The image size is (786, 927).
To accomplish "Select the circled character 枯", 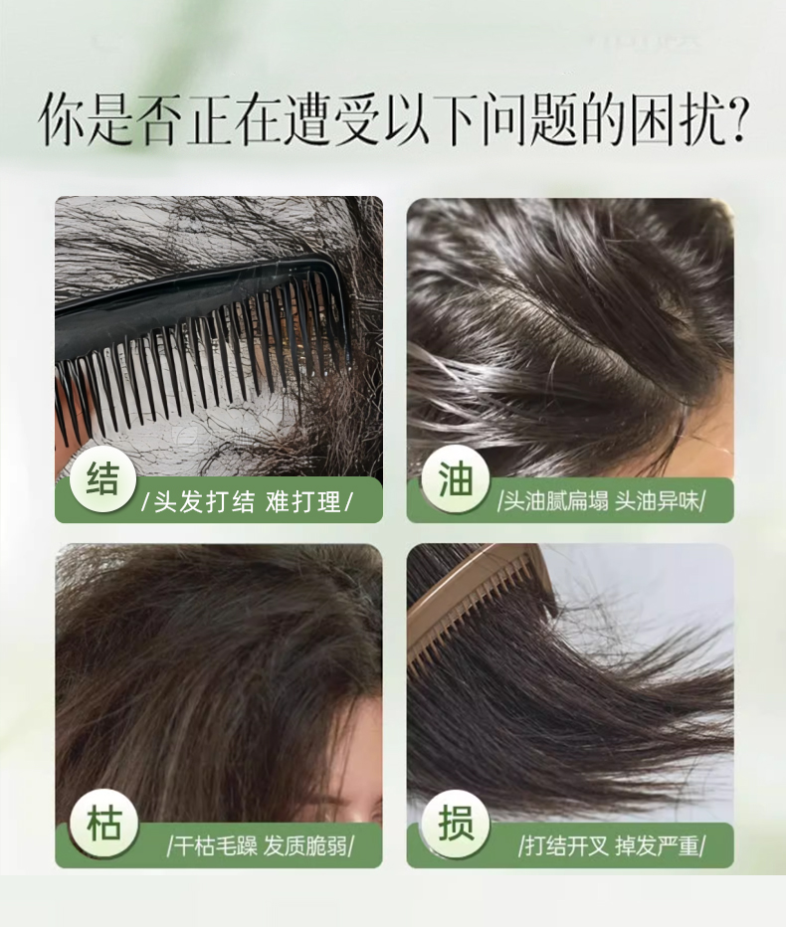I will pos(102,825).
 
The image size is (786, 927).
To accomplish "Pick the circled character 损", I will pos(456,825).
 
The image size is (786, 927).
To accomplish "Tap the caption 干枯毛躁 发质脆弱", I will pos(261,846).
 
